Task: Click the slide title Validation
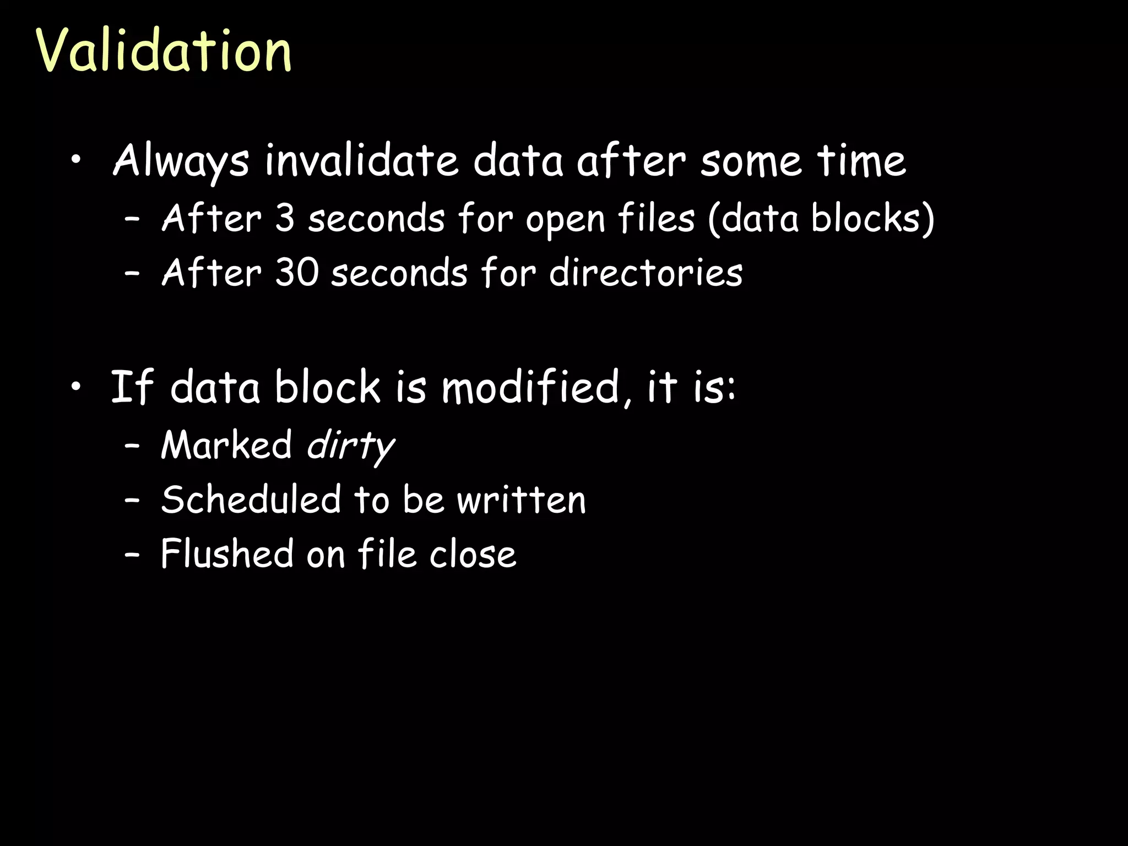pos(164,51)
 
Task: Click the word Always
pos(181,161)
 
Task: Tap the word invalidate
pos(361,161)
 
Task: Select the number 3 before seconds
pos(285,219)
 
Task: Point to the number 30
pos(296,273)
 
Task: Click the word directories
pos(646,273)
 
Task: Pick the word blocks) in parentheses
pos(872,219)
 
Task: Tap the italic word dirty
pos(350,445)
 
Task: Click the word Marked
pos(226,445)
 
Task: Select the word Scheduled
pos(251,500)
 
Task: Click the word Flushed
pos(227,554)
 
